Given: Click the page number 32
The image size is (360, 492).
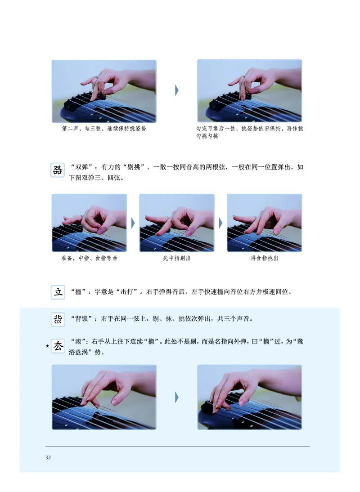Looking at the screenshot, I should click(48, 458).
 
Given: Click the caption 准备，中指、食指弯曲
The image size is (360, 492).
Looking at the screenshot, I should click(89, 259).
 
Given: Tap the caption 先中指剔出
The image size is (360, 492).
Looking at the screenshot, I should click(176, 259).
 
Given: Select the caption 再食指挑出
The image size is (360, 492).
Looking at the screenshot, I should click(264, 259).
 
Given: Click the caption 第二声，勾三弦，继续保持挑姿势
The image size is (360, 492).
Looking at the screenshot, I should click(104, 129).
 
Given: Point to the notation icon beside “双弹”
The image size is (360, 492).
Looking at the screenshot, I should click(58, 170).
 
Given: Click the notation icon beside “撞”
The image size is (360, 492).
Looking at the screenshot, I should click(58, 292).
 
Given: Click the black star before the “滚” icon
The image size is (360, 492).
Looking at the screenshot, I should click(47, 346).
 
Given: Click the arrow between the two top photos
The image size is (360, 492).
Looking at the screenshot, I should click(177, 90).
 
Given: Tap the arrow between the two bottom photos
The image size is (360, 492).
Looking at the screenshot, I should click(177, 397).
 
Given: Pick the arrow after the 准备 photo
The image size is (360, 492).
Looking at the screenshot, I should click(133, 223).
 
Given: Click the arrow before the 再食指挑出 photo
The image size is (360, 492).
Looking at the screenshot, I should click(220, 223).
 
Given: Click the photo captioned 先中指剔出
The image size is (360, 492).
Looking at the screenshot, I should click(177, 223).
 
